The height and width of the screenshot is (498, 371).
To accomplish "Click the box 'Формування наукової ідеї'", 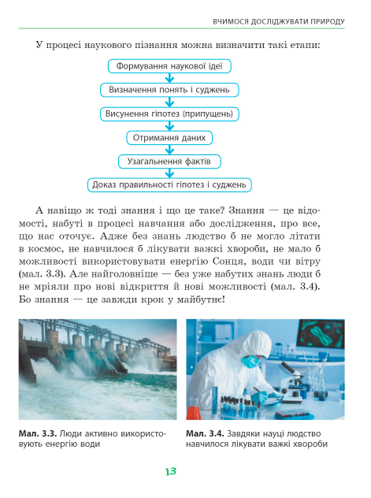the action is tap(169, 66).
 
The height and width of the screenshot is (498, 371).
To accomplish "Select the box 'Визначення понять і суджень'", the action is tap(169, 90).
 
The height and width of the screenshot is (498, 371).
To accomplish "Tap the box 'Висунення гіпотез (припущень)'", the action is tap(169, 113).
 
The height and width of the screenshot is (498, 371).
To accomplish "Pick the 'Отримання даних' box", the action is tap(169, 138).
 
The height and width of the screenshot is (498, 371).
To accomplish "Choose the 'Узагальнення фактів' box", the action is tap(169, 162).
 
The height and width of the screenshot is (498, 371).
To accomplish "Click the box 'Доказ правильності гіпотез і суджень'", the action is tap(169, 185).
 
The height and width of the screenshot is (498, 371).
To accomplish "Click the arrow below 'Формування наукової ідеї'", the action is tap(170, 78).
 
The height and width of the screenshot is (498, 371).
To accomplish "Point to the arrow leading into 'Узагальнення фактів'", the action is tap(170, 150).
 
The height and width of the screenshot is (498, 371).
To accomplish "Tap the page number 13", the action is tap(171, 471).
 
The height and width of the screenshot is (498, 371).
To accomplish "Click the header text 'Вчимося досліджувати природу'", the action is tap(279, 22).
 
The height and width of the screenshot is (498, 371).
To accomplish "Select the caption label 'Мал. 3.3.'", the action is tap(38, 433).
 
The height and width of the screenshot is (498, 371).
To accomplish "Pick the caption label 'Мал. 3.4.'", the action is tap(205, 433).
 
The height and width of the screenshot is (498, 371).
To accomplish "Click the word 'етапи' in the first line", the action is tap(305, 45).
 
